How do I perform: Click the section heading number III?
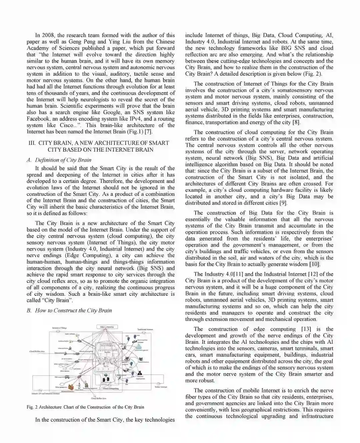pos(32,143)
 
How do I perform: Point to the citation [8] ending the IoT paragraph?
pos(296,123)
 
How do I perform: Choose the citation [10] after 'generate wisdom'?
pos(314,264)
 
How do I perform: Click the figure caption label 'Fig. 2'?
pos(32,407)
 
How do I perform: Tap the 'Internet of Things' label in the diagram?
pos(59,328)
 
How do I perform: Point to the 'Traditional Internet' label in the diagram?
pos(145,329)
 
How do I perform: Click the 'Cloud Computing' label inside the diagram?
pos(110,388)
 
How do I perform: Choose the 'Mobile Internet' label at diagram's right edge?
pos(161,387)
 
